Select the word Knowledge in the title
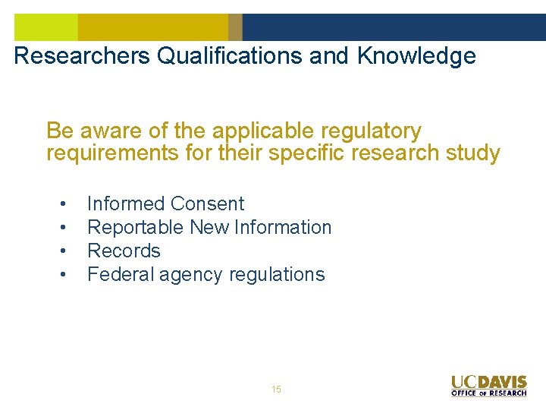pyautogui.click(x=416, y=56)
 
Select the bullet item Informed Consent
pyautogui.click(x=165, y=203)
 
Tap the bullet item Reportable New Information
pyautogui.click(x=209, y=227)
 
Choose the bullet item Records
pyautogui.click(x=124, y=251)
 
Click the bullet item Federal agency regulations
pyautogui.click(x=206, y=274)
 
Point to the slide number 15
pyautogui.click(x=276, y=389)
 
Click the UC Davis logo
pyautogui.click(x=489, y=381)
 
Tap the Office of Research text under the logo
pyautogui.click(x=489, y=393)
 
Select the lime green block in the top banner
pyautogui.click(x=46, y=27)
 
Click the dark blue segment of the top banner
pyautogui.click(x=394, y=27)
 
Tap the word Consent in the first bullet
pyautogui.click(x=207, y=203)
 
